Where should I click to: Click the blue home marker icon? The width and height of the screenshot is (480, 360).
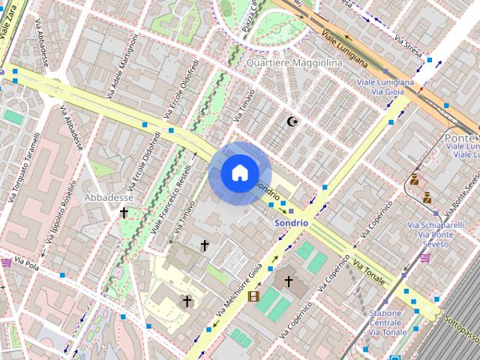pos(238,173)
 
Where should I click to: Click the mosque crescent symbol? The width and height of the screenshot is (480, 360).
pos(292,121)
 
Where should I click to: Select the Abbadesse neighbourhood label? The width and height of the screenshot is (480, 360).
pos(109,197)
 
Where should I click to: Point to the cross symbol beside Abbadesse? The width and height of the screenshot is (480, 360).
pos(124,213)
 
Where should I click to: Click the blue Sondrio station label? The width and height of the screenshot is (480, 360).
pos(291,223)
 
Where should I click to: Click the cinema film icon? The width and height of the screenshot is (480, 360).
pos(253,295)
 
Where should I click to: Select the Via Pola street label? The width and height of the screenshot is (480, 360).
pos(26,265)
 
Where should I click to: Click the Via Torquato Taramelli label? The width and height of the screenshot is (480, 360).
pos(23,169)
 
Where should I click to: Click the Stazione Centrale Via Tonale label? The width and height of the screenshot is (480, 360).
pos(388,322)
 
